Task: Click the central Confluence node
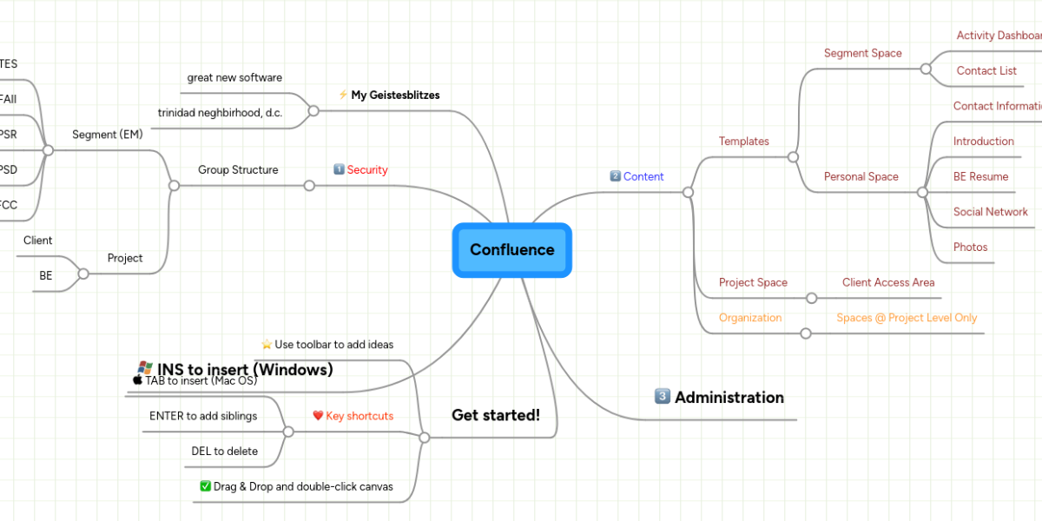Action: (511, 250)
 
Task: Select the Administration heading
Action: (729, 398)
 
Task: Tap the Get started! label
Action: (496, 415)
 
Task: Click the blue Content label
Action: (643, 176)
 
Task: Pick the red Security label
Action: (367, 170)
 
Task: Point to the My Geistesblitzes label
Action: (395, 96)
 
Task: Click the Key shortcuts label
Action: (359, 416)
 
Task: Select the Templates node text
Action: (744, 142)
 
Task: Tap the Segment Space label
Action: (862, 53)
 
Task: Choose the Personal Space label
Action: (861, 177)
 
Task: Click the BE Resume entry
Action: (980, 177)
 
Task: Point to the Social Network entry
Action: (990, 212)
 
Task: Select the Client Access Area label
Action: (888, 282)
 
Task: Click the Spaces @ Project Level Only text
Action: (907, 318)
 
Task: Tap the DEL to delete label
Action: (225, 452)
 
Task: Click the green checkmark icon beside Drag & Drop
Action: (206, 486)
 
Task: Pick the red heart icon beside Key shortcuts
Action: (318, 416)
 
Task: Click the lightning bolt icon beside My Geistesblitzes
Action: (343, 95)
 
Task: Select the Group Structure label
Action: (238, 170)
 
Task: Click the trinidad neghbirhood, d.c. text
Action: (220, 113)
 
